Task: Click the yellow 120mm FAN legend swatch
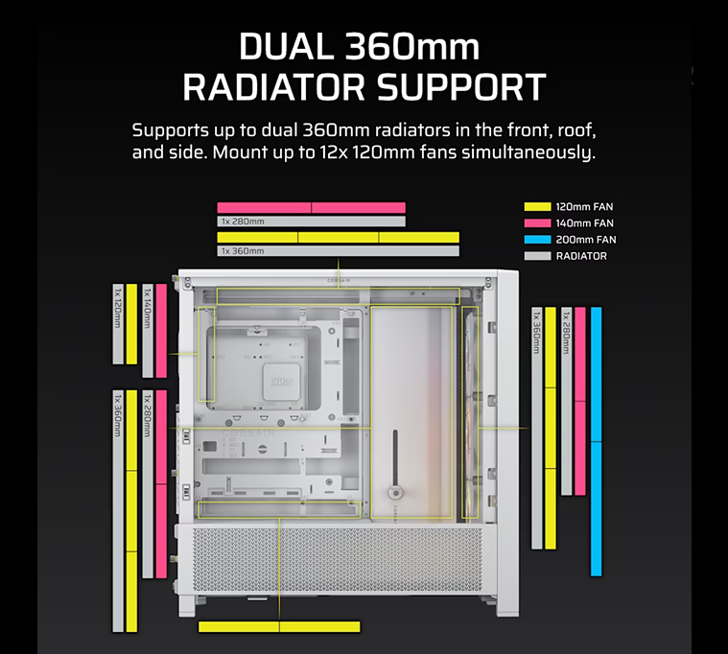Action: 537,206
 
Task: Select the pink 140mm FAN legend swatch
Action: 537,222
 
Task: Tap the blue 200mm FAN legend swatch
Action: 537,240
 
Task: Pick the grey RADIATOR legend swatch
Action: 537,256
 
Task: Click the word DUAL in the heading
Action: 287,47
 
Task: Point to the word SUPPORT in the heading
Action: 461,87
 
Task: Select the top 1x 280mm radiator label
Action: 243,222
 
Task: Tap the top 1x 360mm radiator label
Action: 243,251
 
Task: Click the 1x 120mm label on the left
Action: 118,308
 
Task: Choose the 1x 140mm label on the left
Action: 148,308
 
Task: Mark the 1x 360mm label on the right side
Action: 537,333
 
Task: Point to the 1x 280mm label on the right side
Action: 566,333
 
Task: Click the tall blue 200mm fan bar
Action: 597,441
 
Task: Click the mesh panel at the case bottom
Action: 338,559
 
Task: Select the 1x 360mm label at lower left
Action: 118,415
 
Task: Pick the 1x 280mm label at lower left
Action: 148,415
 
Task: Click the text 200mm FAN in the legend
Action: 586,240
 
